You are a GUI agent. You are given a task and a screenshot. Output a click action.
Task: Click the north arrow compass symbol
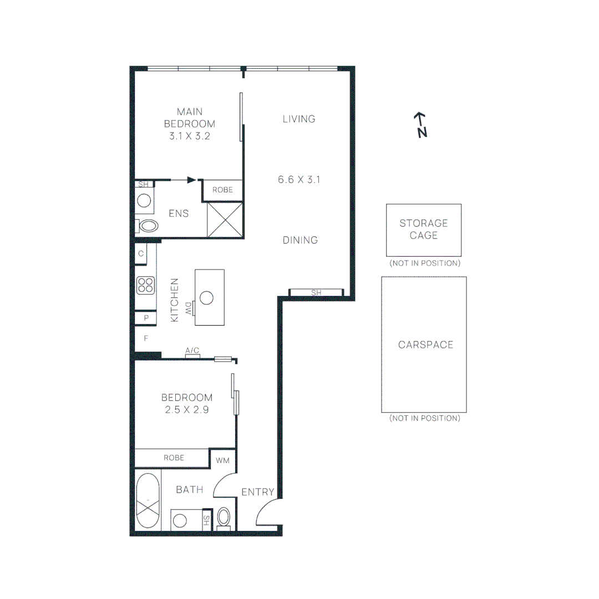(x=422, y=125)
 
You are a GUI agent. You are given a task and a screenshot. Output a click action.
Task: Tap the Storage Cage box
(x=424, y=230)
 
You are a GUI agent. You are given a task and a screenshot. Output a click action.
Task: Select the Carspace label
(x=425, y=344)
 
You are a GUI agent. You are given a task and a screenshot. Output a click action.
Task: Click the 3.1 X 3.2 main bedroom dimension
(x=189, y=135)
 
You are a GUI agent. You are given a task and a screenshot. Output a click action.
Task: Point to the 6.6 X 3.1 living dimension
(x=299, y=180)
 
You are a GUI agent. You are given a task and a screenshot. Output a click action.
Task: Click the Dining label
(x=300, y=240)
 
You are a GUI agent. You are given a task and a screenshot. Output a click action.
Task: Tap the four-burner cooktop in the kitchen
(x=145, y=285)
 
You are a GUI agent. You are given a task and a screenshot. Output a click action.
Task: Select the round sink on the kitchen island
(x=207, y=298)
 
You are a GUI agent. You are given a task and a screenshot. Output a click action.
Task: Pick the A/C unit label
(x=192, y=351)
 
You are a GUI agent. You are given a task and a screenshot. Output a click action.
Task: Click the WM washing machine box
(x=222, y=460)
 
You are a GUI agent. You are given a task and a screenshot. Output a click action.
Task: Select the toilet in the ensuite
(x=148, y=225)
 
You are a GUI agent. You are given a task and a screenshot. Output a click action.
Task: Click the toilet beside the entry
(x=224, y=517)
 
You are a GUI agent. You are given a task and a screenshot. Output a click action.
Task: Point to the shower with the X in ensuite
(x=225, y=220)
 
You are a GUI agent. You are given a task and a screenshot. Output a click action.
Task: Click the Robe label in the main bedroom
(x=223, y=190)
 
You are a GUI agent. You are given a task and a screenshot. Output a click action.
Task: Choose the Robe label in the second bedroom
(x=174, y=458)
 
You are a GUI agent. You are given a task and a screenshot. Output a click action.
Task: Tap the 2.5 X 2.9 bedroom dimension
(x=186, y=410)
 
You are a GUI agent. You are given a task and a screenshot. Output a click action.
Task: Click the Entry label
(x=258, y=492)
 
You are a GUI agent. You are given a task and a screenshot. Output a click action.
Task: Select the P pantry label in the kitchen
(x=146, y=318)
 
